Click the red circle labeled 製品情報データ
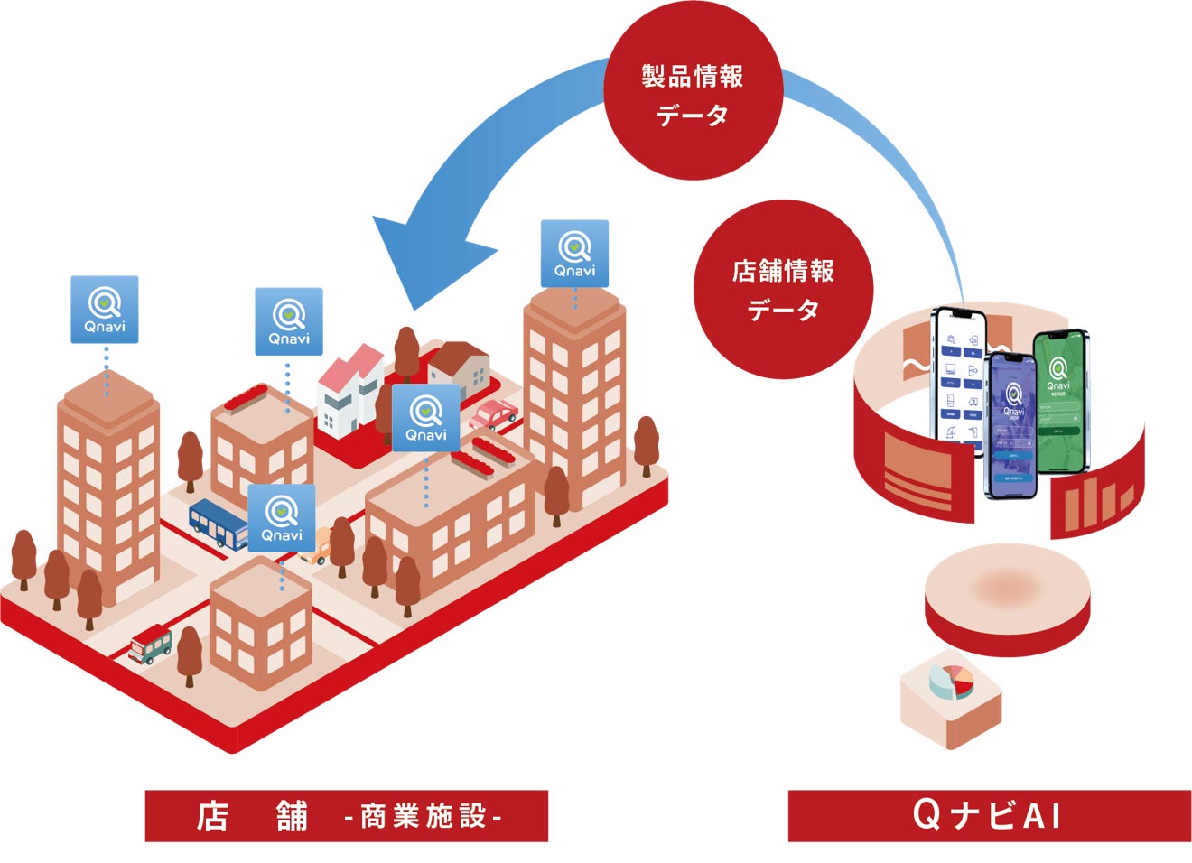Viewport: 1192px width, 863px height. (x=692, y=92)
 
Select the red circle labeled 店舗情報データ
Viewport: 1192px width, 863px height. (x=782, y=289)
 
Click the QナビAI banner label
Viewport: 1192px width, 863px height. (x=989, y=816)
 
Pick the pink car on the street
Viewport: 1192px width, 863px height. (x=492, y=414)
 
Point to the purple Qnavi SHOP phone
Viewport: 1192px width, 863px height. (x=1011, y=424)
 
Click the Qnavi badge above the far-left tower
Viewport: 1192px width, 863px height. (x=105, y=310)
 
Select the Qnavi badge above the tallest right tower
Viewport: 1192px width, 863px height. (x=574, y=254)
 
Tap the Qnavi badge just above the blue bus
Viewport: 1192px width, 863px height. (x=282, y=518)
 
